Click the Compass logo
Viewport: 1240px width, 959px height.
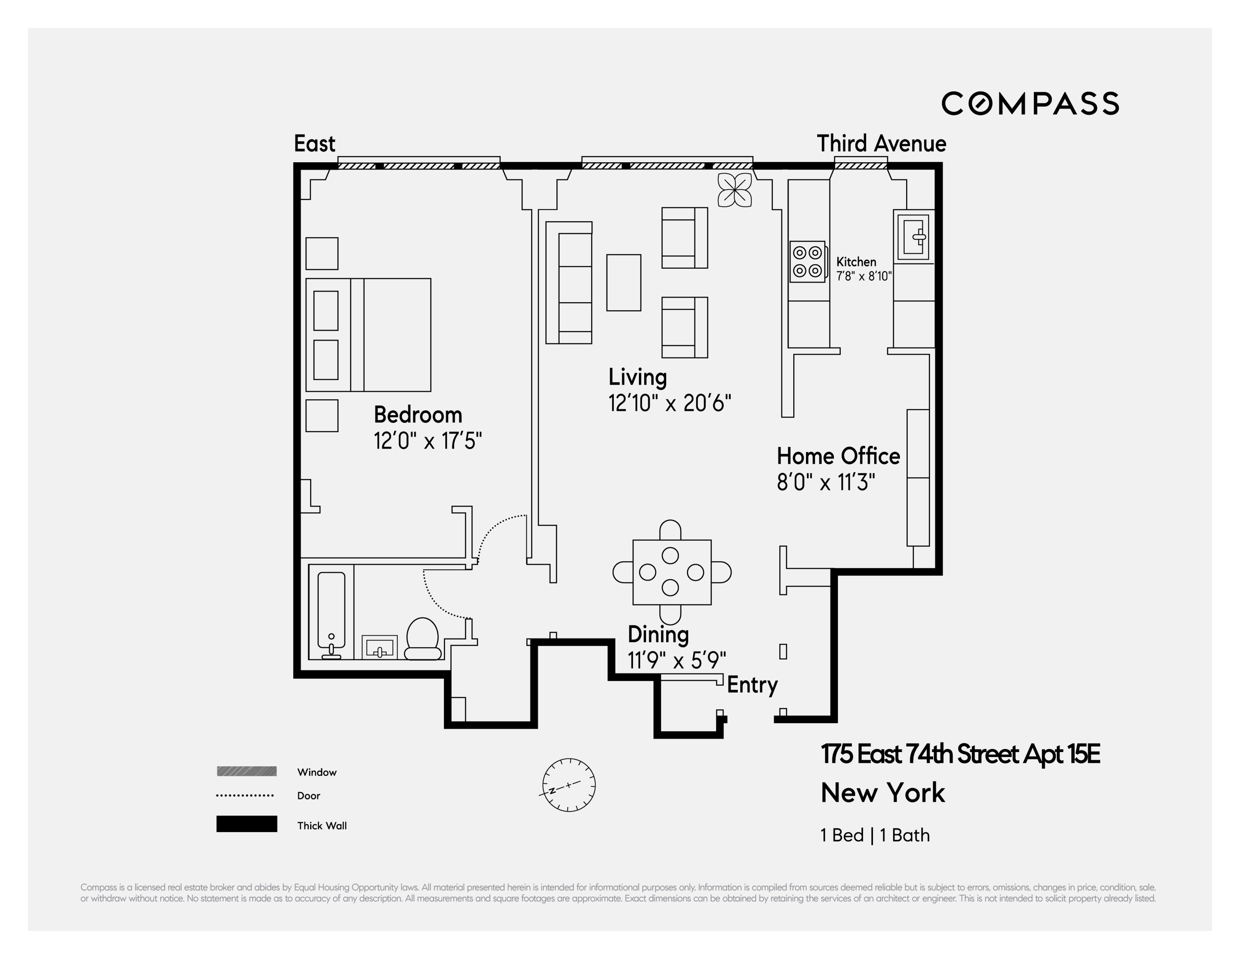(1030, 103)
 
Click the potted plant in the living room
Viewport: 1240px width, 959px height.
(735, 190)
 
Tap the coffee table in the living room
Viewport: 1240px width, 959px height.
(623, 282)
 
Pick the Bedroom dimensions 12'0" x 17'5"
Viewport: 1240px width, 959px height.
(427, 441)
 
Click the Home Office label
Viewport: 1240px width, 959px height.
(838, 456)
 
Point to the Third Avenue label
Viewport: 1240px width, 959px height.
(881, 144)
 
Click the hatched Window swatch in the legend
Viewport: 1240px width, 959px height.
(246, 771)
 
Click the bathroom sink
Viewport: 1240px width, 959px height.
(379, 648)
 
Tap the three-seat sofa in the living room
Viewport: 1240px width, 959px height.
(569, 282)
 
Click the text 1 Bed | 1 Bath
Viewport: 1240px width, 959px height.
(875, 835)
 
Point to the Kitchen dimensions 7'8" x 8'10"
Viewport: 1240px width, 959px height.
(863, 277)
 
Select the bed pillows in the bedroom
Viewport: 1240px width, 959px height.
(326, 335)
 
